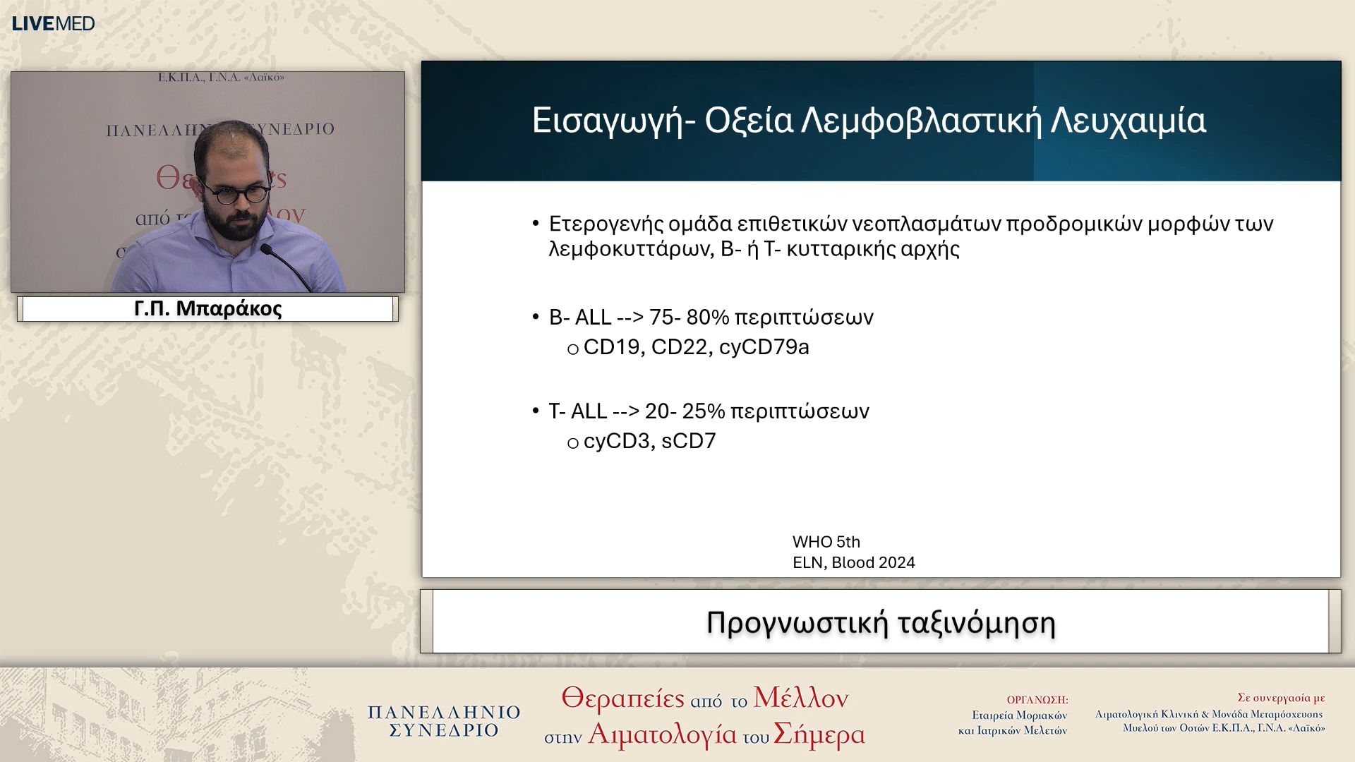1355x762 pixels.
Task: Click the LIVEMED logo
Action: [x=53, y=23]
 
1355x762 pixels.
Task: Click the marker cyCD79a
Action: [x=764, y=347]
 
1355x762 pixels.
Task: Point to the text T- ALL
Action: [x=577, y=411]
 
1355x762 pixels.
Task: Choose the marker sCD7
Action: [x=688, y=441]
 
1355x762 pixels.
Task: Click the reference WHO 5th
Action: [x=826, y=542]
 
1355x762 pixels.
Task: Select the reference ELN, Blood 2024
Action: [x=853, y=562]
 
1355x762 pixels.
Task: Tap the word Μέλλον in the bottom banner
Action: [x=800, y=698]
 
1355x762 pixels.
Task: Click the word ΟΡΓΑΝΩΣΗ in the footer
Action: [x=1036, y=700]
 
